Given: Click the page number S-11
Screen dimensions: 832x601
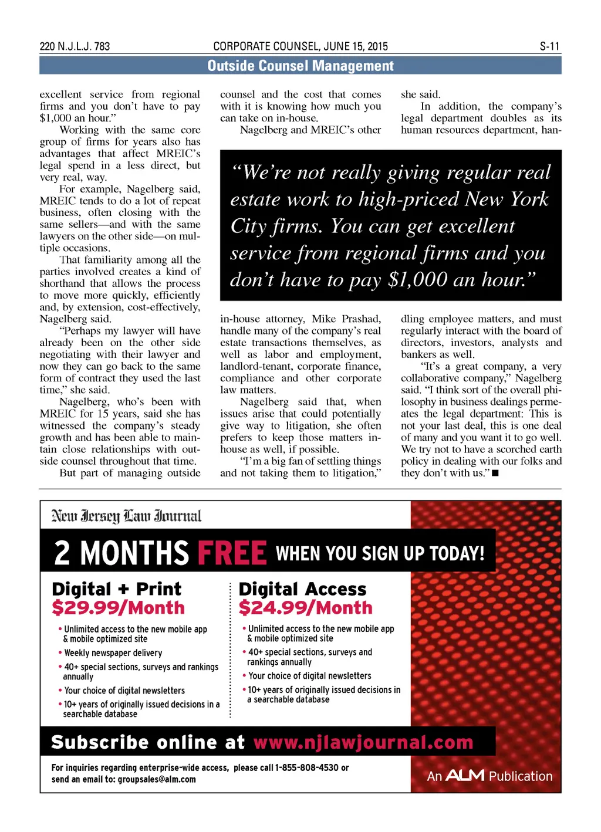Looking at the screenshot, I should (549, 46).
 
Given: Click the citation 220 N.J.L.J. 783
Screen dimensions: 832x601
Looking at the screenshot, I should (75, 46).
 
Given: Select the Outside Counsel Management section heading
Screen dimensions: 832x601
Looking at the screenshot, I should (300, 66).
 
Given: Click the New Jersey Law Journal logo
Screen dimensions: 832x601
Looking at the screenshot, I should (126, 516).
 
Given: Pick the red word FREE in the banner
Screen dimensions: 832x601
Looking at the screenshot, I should (232, 553).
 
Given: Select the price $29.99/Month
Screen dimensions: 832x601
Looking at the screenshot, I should (118, 608).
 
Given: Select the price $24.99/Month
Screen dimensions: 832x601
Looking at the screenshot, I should (305, 608).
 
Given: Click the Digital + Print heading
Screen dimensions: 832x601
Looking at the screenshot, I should (116, 589).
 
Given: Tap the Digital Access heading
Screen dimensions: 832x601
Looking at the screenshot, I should (302, 589).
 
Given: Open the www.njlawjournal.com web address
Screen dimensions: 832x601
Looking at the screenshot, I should (363, 742).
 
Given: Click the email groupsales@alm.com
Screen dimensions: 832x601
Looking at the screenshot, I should (157, 779).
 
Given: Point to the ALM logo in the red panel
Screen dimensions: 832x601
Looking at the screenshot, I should (465, 776).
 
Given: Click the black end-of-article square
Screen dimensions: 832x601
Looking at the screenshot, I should (495, 473).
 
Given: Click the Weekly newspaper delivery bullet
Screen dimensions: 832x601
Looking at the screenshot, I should (113, 653).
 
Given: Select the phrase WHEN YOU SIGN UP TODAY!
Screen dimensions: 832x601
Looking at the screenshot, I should (380, 553).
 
